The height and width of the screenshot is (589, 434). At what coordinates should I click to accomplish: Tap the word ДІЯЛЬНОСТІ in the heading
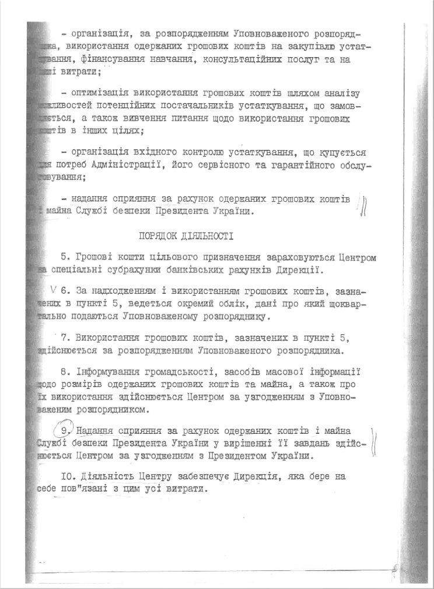tap(207, 236)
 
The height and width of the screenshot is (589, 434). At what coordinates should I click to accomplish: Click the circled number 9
tap(65, 430)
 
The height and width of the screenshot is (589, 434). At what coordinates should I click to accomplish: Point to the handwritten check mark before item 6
tap(54, 289)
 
